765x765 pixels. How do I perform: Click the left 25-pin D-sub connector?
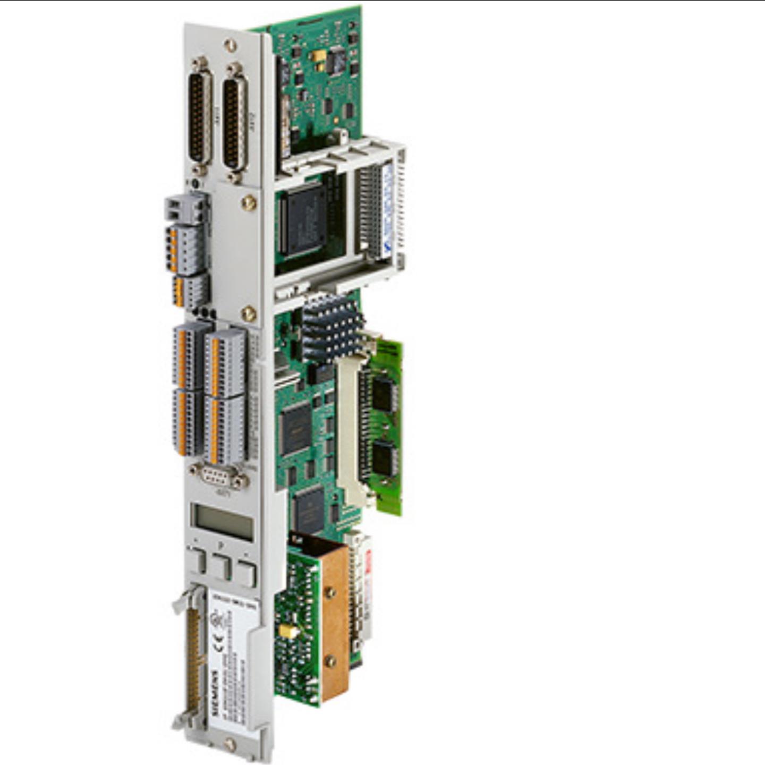(x=200, y=116)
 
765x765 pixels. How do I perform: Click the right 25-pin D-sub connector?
(x=234, y=118)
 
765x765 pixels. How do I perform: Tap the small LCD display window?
(x=222, y=522)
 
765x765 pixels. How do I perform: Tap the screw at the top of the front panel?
(x=230, y=45)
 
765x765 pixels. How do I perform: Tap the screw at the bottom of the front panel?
(x=229, y=744)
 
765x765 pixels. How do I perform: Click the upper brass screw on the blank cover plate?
(x=248, y=203)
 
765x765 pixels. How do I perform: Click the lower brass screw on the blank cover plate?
(x=248, y=314)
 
